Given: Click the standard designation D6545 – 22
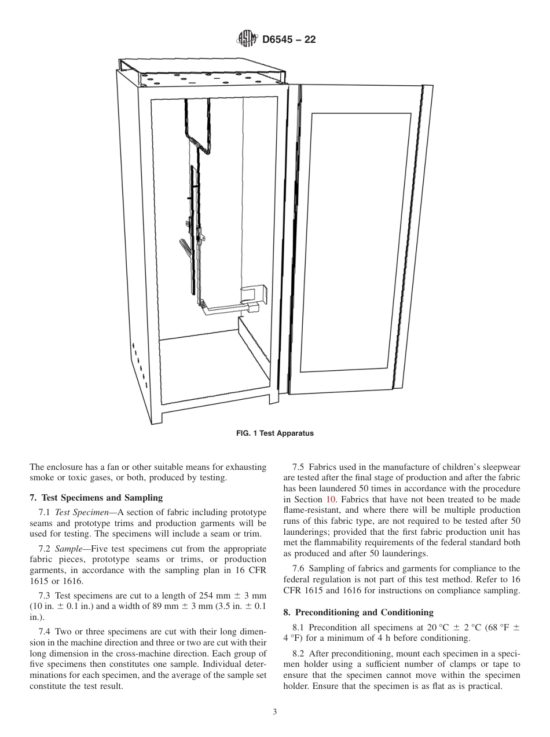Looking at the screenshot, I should click(x=288, y=39).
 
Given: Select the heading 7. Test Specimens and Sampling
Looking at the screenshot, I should click(x=96, y=497).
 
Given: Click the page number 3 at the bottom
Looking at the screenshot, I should click(x=274, y=712).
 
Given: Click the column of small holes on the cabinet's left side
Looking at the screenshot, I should click(x=140, y=365).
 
